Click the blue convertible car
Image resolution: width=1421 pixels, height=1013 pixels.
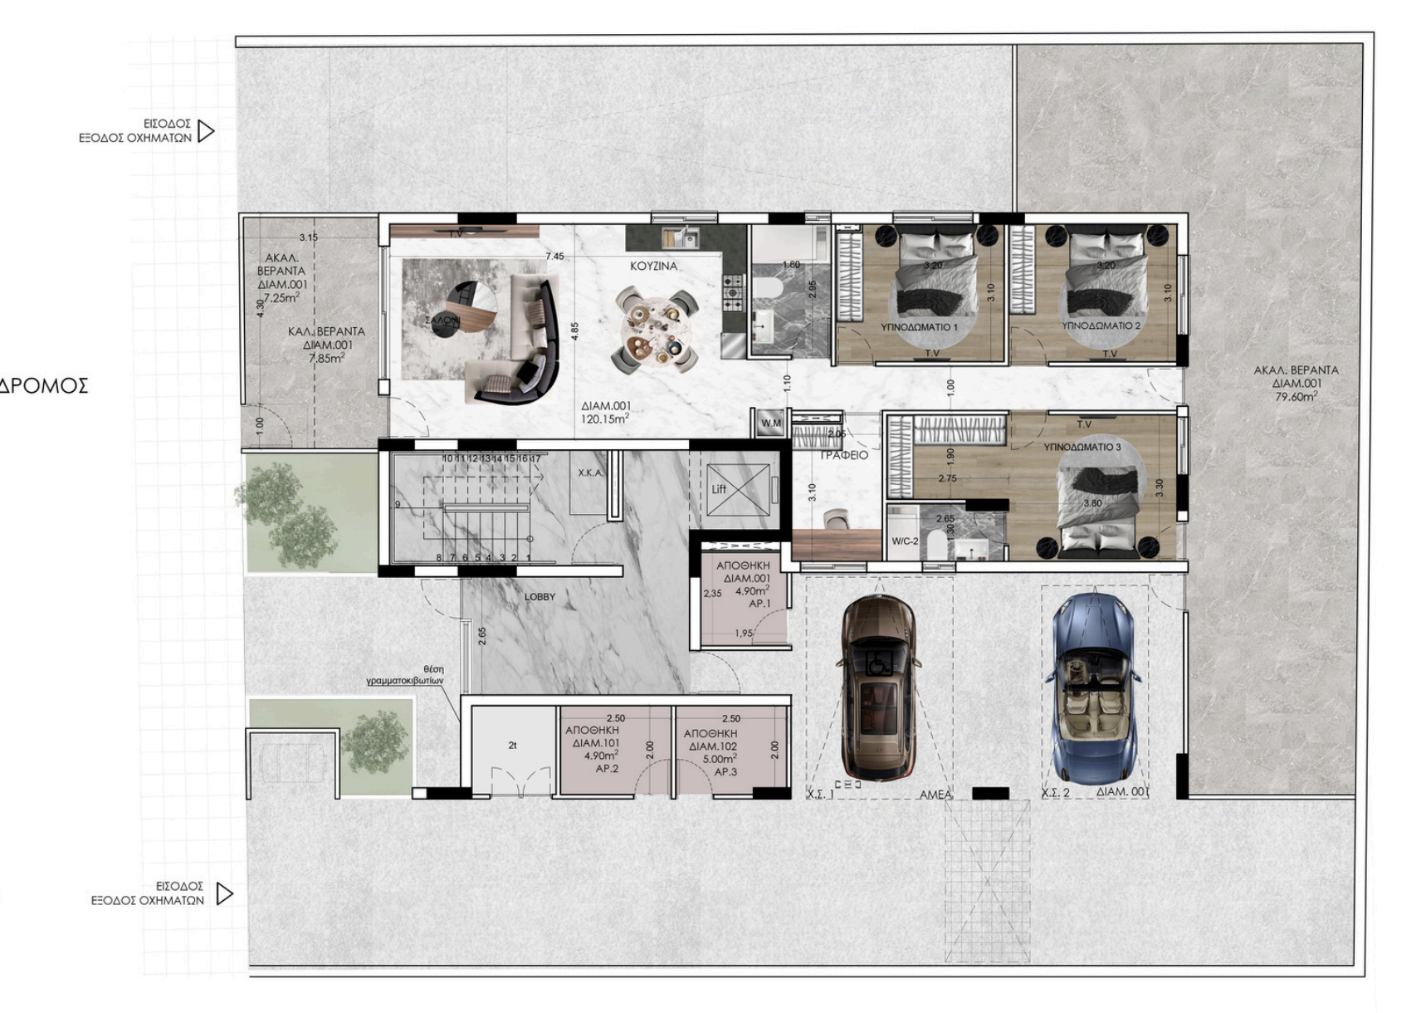point(1092,688)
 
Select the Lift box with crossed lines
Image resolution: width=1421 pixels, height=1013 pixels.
point(738,490)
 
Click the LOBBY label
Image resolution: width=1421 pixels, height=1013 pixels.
point(540,597)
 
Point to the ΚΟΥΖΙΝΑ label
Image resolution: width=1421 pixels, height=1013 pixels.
point(653,267)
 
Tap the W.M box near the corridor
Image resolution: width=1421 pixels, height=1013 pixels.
point(771,423)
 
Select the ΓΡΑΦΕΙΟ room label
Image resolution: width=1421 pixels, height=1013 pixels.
point(844,455)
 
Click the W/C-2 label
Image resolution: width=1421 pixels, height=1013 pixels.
point(905,541)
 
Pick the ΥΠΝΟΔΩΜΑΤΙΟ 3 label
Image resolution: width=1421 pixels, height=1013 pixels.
point(1082,448)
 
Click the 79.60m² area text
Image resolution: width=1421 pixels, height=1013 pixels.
point(1296,397)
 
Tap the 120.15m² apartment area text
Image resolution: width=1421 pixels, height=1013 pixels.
point(605,419)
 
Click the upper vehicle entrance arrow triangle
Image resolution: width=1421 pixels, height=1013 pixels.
point(206,131)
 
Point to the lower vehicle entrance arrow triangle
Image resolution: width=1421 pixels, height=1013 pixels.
point(224,893)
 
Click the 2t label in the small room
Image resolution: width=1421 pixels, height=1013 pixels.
point(512,746)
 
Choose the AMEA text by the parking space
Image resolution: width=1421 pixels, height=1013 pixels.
point(935,795)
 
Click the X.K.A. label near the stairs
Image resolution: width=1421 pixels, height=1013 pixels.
point(590,473)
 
